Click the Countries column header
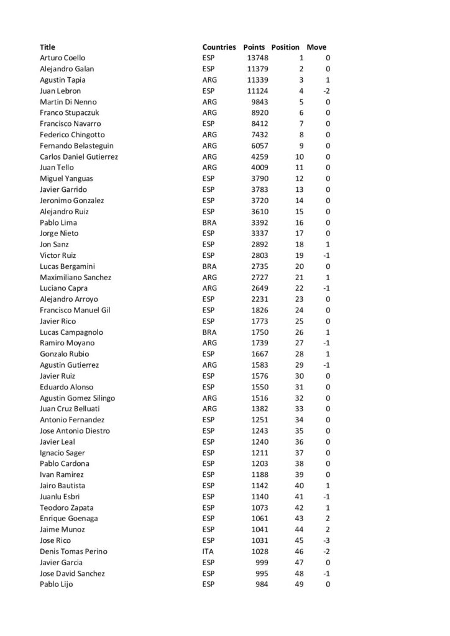(219, 47)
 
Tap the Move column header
(316, 47)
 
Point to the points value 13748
(257, 58)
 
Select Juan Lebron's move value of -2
(325, 91)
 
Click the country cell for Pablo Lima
(209, 222)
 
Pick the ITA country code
(208, 552)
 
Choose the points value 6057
(259, 145)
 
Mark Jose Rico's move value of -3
(325, 540)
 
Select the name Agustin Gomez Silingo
(77, 398)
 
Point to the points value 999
(261, 562)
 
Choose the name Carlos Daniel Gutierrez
(79, 157)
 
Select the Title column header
(47, 47)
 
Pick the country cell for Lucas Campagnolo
(209, 332)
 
